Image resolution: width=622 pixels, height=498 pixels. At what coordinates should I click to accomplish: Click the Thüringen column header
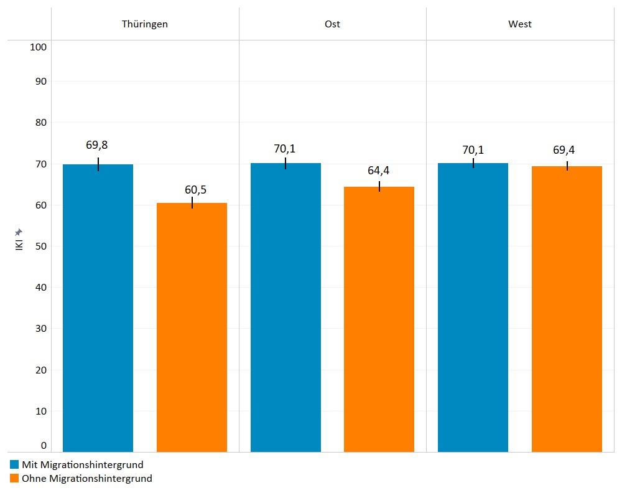[x=144, y=24]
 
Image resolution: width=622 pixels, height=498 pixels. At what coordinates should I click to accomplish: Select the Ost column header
[x=332, y=24]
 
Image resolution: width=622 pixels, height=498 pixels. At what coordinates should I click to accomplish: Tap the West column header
[x=519, y=24]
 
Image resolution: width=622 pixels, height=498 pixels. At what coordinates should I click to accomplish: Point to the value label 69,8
[x=97, y=145]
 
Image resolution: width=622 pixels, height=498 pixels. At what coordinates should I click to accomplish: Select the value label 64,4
[x=378, y=171]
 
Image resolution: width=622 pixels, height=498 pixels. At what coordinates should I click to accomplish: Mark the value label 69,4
[x=567, y=150]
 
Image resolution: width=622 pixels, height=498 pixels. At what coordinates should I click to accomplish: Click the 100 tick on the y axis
[x=39, y=47]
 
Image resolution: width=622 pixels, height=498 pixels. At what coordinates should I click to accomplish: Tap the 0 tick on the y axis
[x=44, y=445]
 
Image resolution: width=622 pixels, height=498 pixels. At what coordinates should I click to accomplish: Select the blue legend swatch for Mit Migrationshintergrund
[x=14, y=464]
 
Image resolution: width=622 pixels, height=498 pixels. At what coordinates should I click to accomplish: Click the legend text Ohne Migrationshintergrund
[x=86, y=478]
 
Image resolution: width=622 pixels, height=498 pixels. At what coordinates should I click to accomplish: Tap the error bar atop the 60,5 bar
[x=192, y=203]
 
